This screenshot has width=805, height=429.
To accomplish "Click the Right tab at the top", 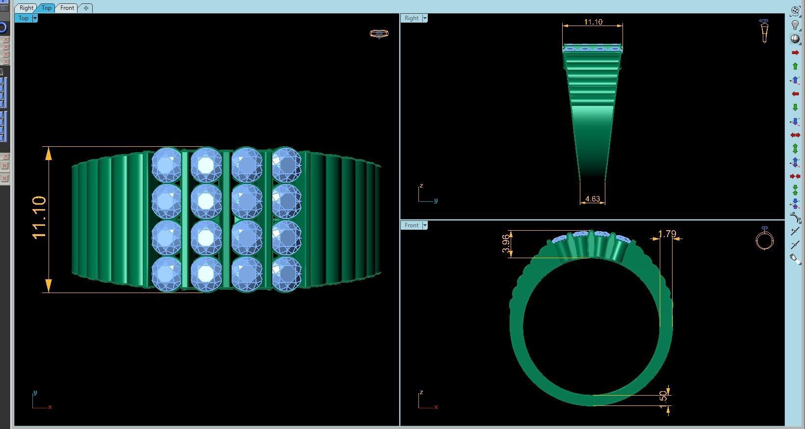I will pyautogui.click(x=26, y=8).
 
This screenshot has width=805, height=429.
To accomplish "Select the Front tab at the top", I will pyautogui.click(x=67, y=8).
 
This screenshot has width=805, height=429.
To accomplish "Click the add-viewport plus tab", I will pyautogui.click(x=86, y=8).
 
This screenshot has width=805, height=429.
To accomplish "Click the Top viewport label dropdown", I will pyautogui.click(x=35, y=18).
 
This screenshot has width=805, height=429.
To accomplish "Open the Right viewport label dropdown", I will pyautogui.click(x=425, y=18).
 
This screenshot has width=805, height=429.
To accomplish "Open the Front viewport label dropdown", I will pyautogui.click(x=425, y=225).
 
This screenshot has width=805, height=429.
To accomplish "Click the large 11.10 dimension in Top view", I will pyautogui.click(x=39, y=217).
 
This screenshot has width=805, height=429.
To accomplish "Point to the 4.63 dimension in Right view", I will pyautogui.click(x=592, y=199).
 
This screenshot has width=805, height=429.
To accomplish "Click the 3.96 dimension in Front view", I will pyautogui.click(x=506, y=243).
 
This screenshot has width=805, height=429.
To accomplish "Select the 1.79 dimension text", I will pyautogui.click(x=667, y=234).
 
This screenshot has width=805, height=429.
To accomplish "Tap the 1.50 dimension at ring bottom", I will pyautogui.click(x=664, y=396).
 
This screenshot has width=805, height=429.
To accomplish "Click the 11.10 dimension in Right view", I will pyautogui.click(x=593, y=22).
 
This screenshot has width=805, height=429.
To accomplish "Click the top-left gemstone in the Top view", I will pyautogui.click(x=166, y=164).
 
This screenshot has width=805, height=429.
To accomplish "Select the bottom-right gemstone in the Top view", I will pyautogui.click(x=286, y=274).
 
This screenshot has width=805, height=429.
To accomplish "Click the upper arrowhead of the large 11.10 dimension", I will pyautogui.click(x=49, y=155).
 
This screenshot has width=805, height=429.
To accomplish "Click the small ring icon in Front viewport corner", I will pyautogui.click(x=764, y=239).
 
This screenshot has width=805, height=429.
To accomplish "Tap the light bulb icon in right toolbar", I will pyautogui.click(x=795, y=25).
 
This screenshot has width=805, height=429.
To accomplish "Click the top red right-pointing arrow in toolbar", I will pyautogui.click(x=795, y=53).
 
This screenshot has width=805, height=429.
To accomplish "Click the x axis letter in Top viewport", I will pyautogui.click(x=50, y=407).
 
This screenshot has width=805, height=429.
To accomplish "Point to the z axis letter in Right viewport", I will pyautogui.click(x=421, y=186).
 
